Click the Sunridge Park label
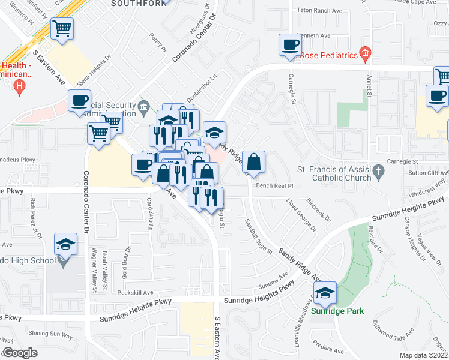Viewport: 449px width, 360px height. (339, 311)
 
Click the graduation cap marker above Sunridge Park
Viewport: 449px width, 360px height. (325, 293)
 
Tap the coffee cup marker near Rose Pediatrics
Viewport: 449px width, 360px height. (291, 44)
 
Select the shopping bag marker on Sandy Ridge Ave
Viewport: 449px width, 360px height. (254, 162)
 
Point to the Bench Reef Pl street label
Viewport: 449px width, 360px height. (273, 186)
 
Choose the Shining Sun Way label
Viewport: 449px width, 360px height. (50, 334)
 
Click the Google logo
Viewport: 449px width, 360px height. (20, 353)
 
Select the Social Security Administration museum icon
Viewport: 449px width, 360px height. (143, 108)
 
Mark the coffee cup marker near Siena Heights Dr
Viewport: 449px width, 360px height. (79, 101)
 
